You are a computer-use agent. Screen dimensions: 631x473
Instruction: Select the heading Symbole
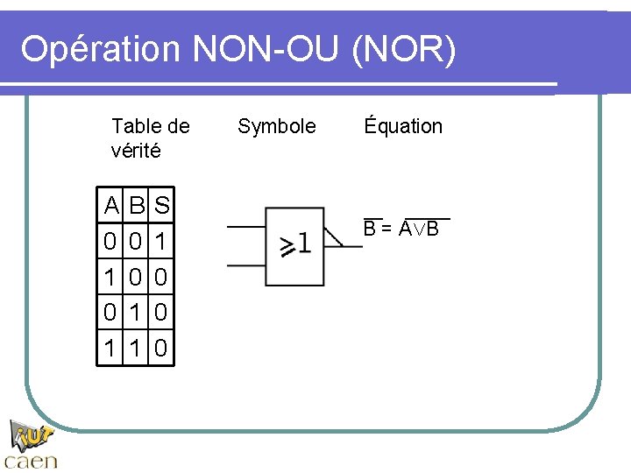point(277,126)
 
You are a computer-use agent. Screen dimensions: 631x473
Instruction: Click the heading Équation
point(404,126)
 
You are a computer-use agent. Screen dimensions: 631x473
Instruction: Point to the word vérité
point(136,151)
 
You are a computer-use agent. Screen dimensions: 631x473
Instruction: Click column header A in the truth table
point(111,208)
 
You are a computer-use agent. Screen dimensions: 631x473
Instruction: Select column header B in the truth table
point(137,208)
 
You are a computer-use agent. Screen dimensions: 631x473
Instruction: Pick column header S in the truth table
point(161,208)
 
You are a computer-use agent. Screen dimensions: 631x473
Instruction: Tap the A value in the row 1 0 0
point(111,278)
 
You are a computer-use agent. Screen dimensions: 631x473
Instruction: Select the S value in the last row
point(161,348)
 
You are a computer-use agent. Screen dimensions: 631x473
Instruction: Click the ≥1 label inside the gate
point(294,244)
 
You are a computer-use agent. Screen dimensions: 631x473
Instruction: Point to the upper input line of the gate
point(245,227)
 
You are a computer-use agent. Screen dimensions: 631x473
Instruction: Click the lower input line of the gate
point(245,265)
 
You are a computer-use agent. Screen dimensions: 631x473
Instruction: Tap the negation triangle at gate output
point(333,238)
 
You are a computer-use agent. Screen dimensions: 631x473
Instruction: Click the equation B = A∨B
point(401,229)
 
